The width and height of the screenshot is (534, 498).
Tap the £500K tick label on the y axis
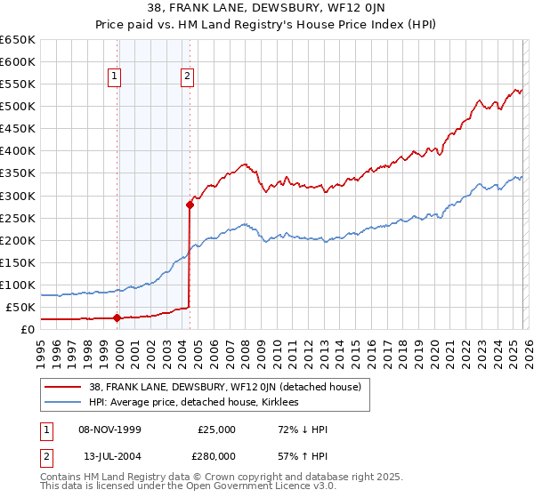18,107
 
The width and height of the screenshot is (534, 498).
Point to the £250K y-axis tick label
18,218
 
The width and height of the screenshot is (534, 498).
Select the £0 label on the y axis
28,329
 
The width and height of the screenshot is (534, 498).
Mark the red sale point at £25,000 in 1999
117,318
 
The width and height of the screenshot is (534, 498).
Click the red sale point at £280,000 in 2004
190,205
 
